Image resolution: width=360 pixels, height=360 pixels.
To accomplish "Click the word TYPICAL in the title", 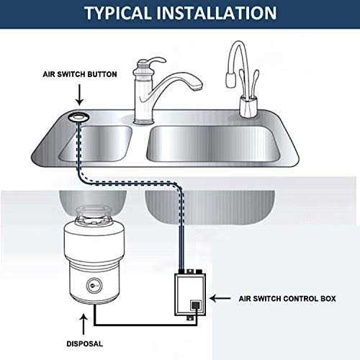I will point(122,13).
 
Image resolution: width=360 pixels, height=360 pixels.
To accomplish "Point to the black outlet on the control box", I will point(195,307).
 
